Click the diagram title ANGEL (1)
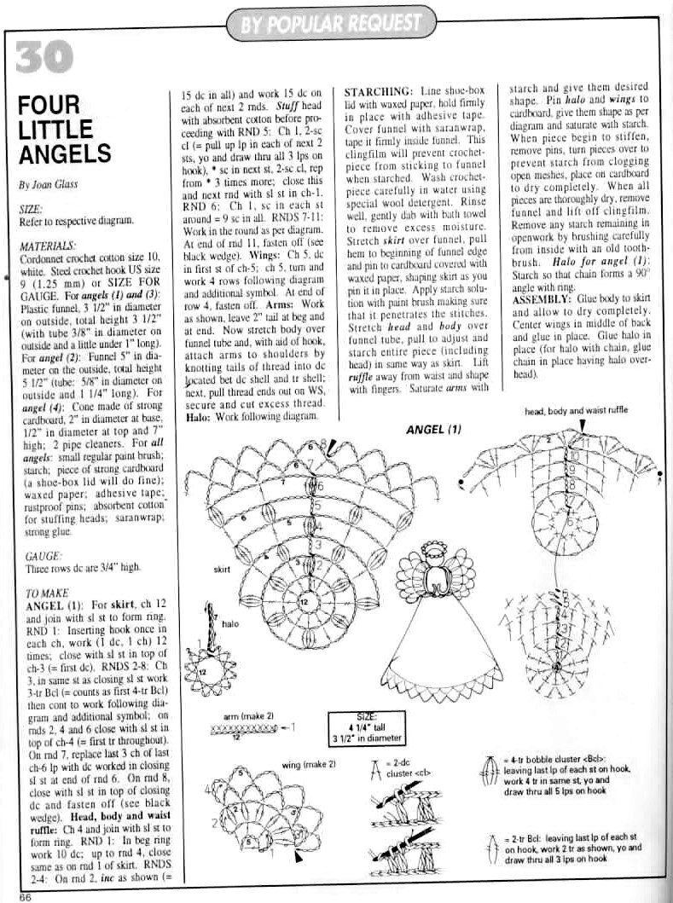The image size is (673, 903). pyautogui.click(x=433, y=429)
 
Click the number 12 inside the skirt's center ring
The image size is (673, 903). pyautogui.click(x=303, y=603)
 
